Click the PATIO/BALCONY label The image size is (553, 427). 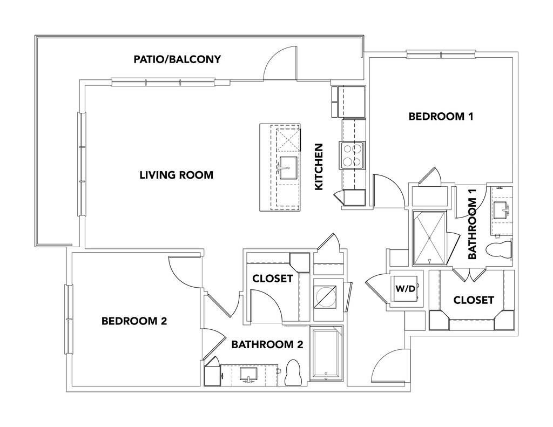[177, 59]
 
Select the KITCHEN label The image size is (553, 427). [319, 166]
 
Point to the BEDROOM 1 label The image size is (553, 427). [441, 116]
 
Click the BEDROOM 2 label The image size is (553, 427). [134, 321]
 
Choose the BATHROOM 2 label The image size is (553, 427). [267, 345]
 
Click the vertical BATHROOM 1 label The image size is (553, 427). [473, 229]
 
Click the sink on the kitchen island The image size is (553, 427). [288, 167]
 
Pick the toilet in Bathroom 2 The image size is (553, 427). [294, 372]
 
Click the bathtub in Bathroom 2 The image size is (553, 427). [327, 354]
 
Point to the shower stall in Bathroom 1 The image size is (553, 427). [430, 238]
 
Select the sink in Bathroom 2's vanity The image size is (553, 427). [249, 374]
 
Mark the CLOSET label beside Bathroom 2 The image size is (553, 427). [273, 279]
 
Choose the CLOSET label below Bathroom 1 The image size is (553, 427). [474, 300]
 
